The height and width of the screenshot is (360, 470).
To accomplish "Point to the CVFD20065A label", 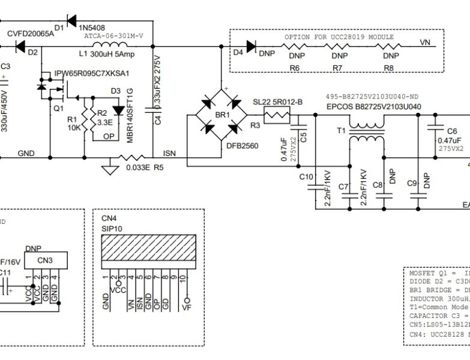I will click(30, 34).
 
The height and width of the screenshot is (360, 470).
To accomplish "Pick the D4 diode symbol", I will click(250, 44).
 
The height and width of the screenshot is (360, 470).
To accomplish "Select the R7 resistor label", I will click(337, 68).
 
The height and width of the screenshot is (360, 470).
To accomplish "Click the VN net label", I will click(425, 43).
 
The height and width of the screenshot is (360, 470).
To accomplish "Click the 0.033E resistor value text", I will click(138, 168).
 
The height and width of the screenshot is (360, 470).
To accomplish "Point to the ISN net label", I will click(169, 154).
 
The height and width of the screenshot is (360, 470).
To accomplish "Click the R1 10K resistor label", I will click(73, 124).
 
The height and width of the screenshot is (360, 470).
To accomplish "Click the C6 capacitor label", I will click(451, 131).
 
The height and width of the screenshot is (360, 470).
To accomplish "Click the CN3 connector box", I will click(45, 260).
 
